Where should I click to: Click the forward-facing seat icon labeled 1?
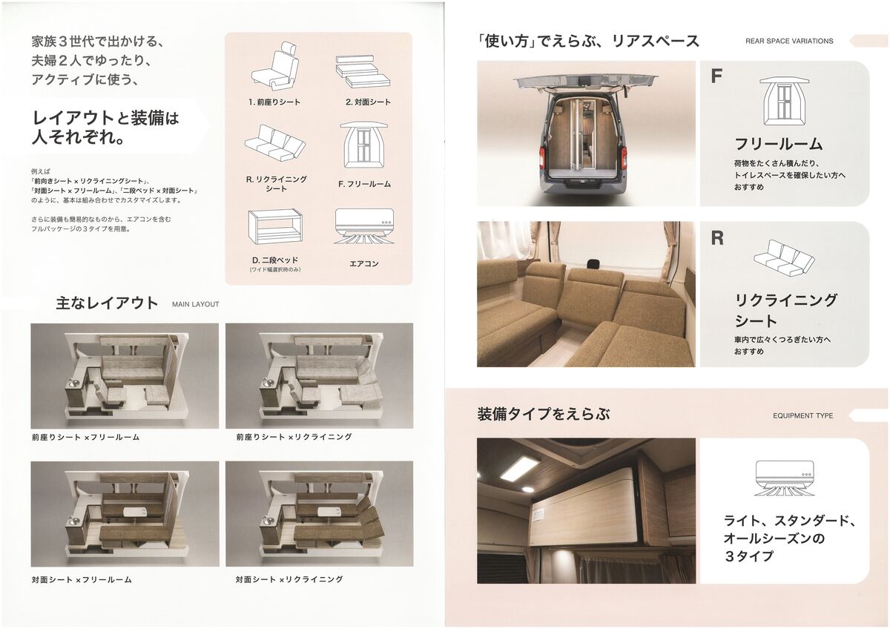point(274,66)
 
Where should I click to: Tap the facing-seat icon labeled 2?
point(363,72)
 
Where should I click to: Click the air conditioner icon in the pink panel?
point(364,227)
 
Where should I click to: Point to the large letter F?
point(716,76)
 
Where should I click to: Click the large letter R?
point(717,238)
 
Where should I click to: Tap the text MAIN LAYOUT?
point(196,304)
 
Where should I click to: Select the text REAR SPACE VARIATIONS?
point(789,41)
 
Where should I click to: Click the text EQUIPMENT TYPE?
point(803,415)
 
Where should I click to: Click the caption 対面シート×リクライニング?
point(289,579)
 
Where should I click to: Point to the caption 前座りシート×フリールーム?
point(86,437)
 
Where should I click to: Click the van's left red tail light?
point(543,157)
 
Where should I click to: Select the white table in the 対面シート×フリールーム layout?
point(133,512)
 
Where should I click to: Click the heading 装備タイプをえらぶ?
point(544,414)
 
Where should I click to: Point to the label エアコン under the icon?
point(364,264)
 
